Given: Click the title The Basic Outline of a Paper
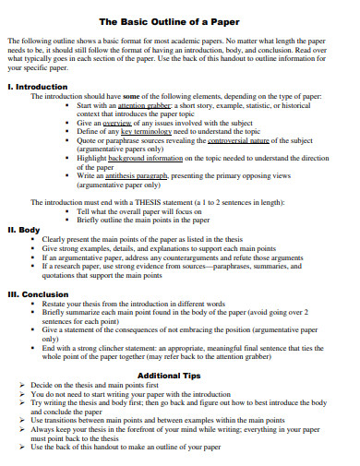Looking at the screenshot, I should click(x=179, y=20).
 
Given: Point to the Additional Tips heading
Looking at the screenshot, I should click(x=179, y=376).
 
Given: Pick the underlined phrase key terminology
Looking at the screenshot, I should click(x=142, y=131).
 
